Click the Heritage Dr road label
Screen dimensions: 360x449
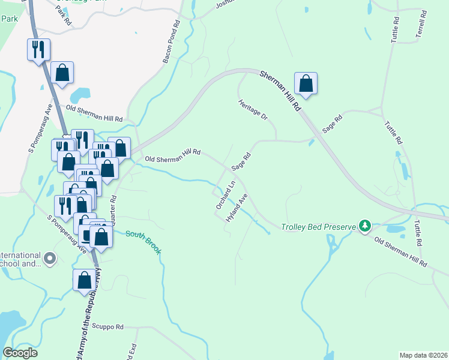[253, 109]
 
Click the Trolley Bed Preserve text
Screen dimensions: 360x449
[319, 227]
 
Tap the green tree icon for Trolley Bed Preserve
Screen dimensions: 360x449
[364, 226]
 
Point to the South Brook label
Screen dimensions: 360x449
[143, 240]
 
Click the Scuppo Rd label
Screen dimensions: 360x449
[107, 327]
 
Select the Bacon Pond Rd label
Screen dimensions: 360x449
[172, 41]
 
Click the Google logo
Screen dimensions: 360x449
[20, 353]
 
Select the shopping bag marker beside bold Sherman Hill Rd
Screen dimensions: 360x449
[306, 84]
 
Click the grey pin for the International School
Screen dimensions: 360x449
[49, 259]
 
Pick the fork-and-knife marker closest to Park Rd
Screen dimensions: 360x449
[38, 49]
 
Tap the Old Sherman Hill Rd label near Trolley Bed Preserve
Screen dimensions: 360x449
[400, 251]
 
